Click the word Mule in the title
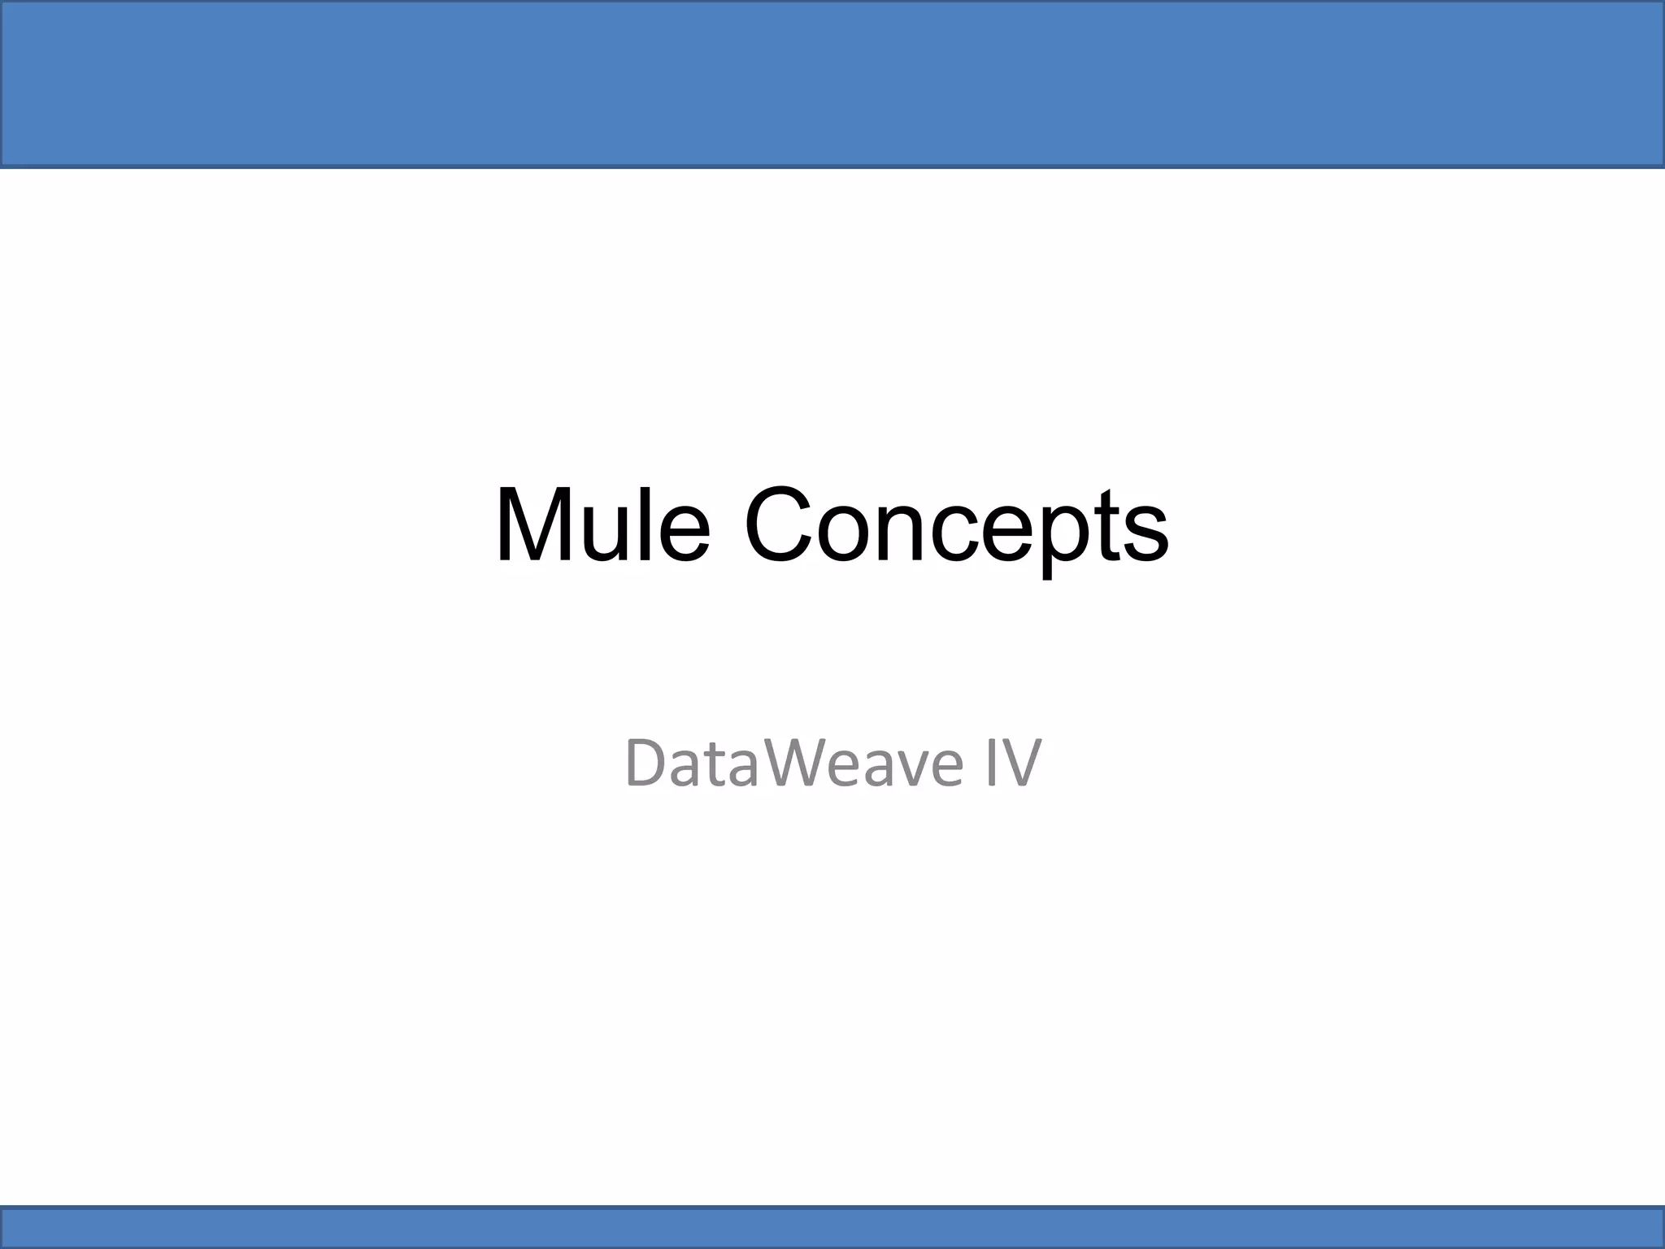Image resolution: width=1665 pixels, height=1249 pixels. tap(602, 524)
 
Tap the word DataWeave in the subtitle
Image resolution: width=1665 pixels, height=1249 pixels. tap(793, 763)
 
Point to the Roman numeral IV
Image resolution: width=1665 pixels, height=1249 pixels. tap(1012, 763)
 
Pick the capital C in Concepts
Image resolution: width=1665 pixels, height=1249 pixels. tap(780, 524)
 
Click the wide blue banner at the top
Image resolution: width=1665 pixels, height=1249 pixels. tap(832, 84)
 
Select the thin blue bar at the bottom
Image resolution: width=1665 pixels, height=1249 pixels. tap(832, 1226)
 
